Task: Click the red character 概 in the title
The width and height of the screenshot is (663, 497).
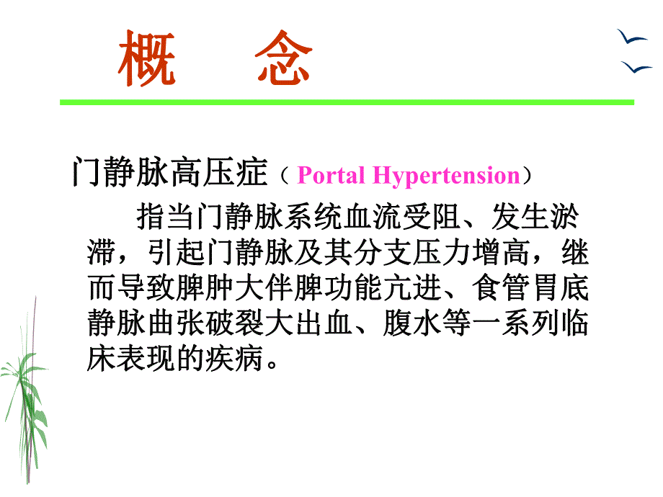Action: (x=146, y=58)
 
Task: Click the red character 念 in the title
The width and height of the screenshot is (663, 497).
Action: (x=282, y=58)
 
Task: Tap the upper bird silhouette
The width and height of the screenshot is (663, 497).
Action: (x=631, y=38)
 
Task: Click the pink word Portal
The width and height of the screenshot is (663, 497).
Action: (x=330, y=176)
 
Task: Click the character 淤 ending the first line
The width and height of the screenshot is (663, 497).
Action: (x=571, y=216)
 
